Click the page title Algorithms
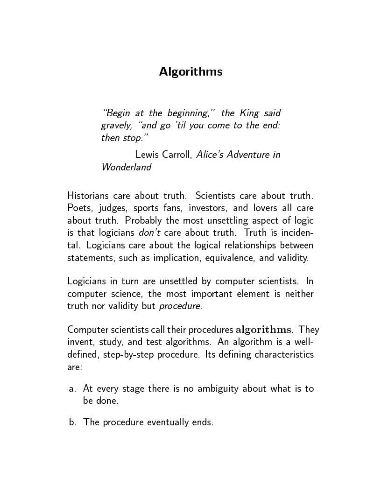tap(190, 71)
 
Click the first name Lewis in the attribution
tap(147, 155)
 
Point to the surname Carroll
tap(177, 155)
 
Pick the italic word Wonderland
tap(126, 167)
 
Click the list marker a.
tap(72, 388)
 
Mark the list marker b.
tap(72, 423)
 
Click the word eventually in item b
tap(168, 423)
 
